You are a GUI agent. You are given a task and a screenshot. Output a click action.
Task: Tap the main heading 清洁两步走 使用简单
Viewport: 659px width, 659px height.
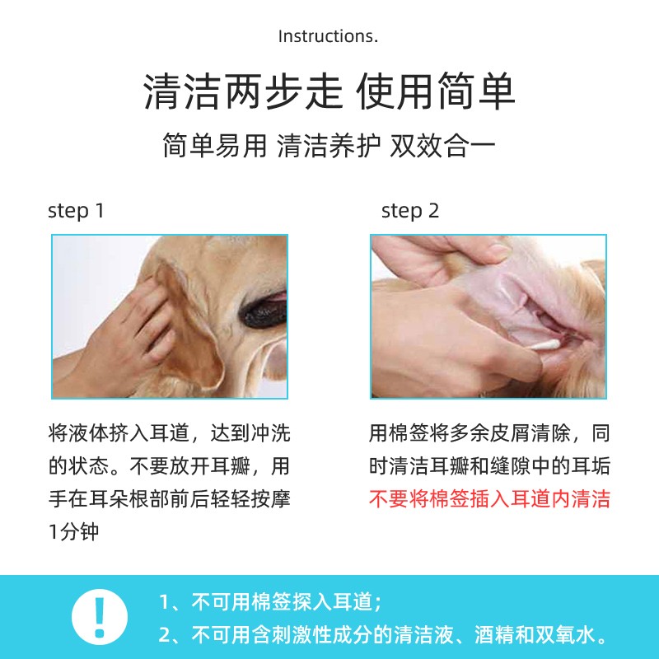[329, 91]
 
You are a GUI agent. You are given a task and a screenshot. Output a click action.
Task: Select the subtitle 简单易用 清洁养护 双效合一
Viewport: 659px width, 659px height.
[329, 147]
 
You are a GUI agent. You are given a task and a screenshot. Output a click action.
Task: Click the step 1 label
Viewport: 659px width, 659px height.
[76, 211]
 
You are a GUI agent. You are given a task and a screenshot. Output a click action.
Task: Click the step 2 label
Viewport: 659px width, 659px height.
[409, 211]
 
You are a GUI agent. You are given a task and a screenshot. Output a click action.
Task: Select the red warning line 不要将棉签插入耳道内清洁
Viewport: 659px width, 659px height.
[489, 499]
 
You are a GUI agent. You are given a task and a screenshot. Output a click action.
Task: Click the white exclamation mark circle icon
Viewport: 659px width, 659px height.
[100, 617]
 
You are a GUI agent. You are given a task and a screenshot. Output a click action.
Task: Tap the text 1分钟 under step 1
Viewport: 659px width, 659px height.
[73, 531]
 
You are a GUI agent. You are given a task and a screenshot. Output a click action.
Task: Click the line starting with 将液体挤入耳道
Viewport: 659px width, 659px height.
[170, 433]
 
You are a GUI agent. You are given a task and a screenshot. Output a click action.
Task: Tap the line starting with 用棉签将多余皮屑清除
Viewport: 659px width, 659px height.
[489, 433]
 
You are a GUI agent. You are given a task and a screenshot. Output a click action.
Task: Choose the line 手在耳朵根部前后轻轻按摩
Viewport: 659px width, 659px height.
[170, 499]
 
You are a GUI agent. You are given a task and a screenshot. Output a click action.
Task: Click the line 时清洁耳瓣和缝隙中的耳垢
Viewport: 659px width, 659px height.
[489, 466]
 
